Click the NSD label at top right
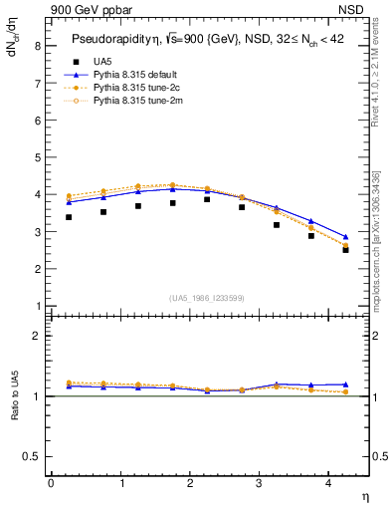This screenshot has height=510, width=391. (351, 11)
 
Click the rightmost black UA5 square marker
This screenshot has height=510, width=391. (345, 250)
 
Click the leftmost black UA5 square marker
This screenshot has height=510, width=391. (68, 217)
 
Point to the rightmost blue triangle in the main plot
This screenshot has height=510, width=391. (345, 238)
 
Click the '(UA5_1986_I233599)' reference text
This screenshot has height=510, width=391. (209, 300)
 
